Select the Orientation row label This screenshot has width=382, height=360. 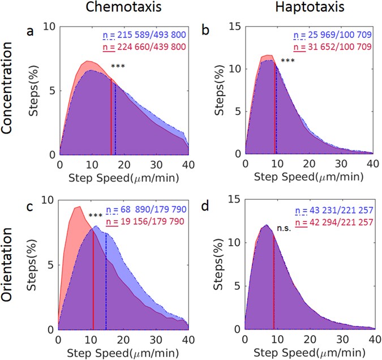[x=10, y=269]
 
